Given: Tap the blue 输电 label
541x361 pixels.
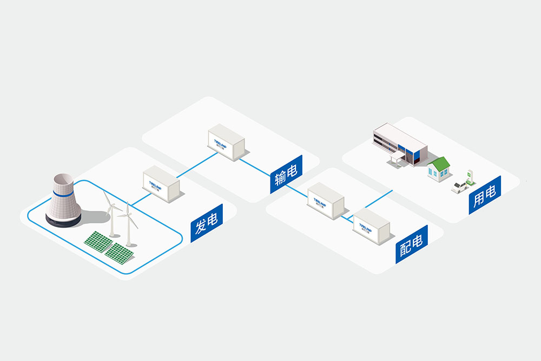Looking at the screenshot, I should coord(286,175).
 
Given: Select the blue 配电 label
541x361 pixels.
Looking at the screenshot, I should coord(411,245).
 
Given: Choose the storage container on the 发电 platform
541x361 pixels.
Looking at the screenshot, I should coord(161,185).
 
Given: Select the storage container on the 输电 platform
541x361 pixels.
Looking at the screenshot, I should coord(226,143).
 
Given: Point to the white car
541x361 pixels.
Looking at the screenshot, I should coord(460,186).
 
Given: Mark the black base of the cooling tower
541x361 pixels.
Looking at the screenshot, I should coord(63,220).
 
